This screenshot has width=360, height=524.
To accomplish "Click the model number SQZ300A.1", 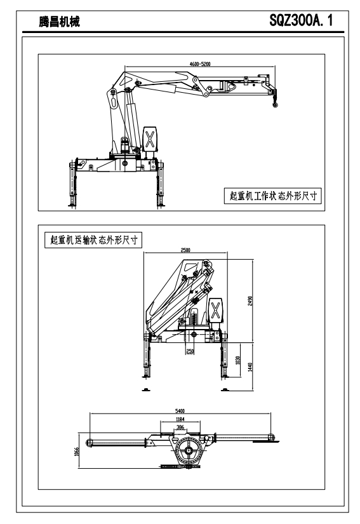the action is [301, 21].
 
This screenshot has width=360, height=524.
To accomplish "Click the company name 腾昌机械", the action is [60, 22].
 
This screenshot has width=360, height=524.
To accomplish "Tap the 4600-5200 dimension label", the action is [200, 64].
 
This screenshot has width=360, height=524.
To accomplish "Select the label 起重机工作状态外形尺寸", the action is [273, 196].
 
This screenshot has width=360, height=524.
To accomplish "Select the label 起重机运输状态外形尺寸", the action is [93, 240].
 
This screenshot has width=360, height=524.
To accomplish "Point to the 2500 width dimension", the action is [185, 250].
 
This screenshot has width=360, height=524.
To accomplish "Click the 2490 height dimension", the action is [250, 300].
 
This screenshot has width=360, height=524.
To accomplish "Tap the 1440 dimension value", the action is [250, 366].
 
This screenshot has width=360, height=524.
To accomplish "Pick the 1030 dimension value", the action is [238, 360].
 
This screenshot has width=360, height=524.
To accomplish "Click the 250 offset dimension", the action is [190, 352].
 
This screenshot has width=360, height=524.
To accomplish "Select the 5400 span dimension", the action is [180, 411].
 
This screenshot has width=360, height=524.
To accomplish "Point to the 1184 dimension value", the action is [180, 419].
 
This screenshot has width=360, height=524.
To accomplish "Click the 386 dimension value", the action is [180, 427].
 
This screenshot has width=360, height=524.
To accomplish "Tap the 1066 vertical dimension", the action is [76, 452].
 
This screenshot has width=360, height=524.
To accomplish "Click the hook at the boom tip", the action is [275, 104].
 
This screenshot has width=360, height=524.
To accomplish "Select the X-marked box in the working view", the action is [150, 139].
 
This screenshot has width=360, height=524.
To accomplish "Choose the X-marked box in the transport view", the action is [216, 310].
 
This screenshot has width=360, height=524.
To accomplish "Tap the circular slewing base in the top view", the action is [189, 450].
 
